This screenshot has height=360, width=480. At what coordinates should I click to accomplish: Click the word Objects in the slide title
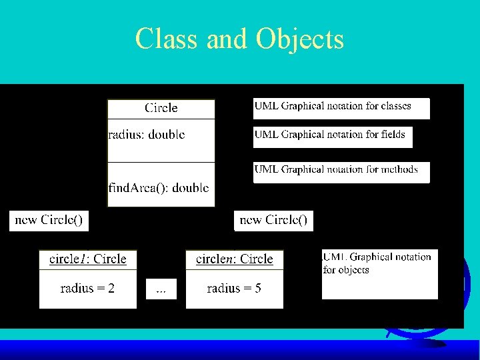299,39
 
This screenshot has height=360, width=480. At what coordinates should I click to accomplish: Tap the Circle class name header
161,108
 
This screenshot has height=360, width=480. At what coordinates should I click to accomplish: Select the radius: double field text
147,135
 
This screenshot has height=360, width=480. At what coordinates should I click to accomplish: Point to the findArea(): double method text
159,187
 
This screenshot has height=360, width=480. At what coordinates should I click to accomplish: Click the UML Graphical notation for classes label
333,106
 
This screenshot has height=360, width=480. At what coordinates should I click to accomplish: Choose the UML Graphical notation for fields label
330,135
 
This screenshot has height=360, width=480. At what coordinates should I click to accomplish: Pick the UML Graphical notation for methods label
336,169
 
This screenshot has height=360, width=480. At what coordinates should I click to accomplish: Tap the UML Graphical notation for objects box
379,274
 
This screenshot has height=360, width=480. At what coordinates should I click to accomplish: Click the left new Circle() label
49,220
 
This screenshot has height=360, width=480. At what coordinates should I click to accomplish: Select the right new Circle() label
273,220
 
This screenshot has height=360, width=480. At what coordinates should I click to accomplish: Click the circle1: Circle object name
88,259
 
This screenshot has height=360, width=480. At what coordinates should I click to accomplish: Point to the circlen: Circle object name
235,259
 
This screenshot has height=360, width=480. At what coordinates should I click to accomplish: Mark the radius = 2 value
87,289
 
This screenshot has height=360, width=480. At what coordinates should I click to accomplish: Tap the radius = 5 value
234,289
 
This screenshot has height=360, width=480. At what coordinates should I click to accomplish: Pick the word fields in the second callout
389,135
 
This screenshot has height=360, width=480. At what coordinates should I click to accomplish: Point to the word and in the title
227,39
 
